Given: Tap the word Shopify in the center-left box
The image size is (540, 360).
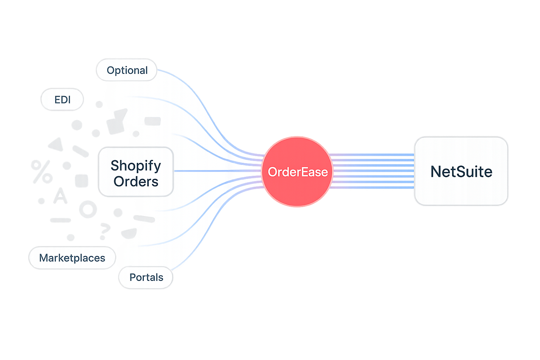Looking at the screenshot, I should pos(136,165).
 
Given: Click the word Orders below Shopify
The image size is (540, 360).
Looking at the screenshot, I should pos(136,182).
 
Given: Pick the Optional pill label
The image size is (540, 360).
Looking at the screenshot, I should pos(127,70).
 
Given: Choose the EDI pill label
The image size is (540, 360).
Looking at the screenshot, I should pos(63,100).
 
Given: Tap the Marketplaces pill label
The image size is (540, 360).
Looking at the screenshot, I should pos(72,258).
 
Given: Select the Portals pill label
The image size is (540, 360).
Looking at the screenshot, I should pos(146,277).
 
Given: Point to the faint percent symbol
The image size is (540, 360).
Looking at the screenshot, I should pos(41,171).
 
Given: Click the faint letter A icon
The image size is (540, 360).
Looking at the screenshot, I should pos(60,196).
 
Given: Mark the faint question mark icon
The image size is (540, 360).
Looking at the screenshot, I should pos(104,230).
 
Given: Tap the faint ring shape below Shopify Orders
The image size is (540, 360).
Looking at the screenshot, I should pos(88,210).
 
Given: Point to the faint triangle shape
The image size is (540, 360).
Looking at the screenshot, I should pos(56,144).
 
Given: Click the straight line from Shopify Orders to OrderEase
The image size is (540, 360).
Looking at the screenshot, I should pos(218,171).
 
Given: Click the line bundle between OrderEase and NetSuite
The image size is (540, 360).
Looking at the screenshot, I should pos(373,171).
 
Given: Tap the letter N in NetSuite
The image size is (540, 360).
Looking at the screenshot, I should pos(436,172).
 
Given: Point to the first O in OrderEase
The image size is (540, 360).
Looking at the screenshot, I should pos(273,172).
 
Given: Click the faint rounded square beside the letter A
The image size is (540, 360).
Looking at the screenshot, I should pos(82,181).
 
